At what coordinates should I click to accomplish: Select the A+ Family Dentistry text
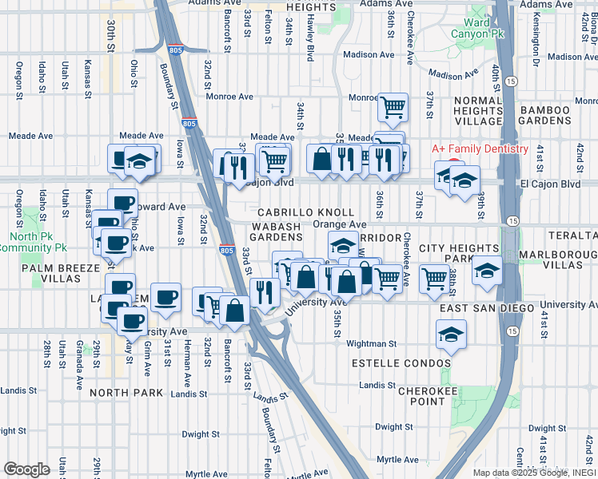tap(480, 149)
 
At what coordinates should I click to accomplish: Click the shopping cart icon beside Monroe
tap(393, 107)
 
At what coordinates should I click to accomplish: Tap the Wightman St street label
tap(371, 344)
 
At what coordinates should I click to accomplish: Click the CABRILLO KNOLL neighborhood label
tap(305, 212)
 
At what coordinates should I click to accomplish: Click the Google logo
tap(26, 469)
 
